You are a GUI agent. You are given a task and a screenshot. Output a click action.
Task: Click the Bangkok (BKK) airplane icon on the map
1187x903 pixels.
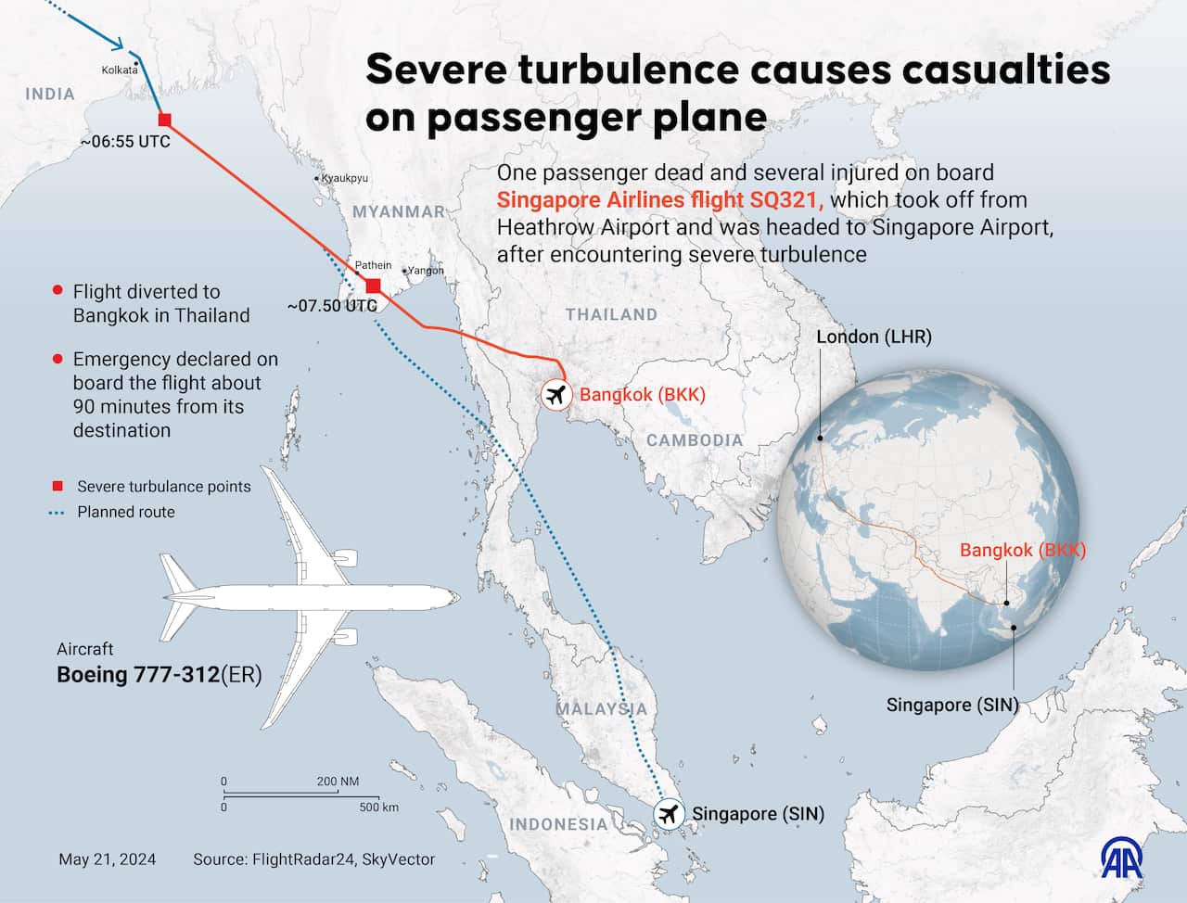tap(556, 395)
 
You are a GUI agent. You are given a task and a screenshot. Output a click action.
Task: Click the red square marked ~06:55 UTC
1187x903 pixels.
tap(165, 119)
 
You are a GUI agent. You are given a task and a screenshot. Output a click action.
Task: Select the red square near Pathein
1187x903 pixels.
tap(373, 286)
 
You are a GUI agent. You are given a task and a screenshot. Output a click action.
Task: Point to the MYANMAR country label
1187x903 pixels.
tap(399, 211)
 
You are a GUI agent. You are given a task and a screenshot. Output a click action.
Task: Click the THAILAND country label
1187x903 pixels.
tap(611, 314)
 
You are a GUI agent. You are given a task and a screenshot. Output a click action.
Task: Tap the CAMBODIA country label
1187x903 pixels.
tap(695, 440)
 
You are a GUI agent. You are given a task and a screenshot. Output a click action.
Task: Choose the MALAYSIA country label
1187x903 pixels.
tap(601, 709)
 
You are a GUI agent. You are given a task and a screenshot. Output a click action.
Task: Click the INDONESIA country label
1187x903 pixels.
tap(558, 824)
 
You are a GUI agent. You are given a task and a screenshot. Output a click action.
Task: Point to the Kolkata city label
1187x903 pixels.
tap(120, 70)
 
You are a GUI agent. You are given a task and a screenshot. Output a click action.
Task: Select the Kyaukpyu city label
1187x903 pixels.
tap(345, 178)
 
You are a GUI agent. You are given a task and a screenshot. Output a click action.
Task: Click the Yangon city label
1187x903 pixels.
tap(427, 271)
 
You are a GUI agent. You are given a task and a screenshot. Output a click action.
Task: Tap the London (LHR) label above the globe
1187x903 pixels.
tap(874, 337)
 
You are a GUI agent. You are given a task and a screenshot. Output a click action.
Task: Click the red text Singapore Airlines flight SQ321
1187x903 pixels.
tap(660, 200)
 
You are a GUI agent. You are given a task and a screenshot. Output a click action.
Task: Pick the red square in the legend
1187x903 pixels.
tap(57, 487)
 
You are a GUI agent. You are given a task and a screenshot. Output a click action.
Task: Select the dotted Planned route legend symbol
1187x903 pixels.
tap(57, 512)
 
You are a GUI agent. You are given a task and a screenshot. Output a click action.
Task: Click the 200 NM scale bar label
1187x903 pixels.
tap(338, 782)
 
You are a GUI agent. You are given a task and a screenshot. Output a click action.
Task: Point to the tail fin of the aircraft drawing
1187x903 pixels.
tap(178, 575)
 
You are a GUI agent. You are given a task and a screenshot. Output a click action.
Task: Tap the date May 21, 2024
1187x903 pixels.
tap(107, 859)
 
